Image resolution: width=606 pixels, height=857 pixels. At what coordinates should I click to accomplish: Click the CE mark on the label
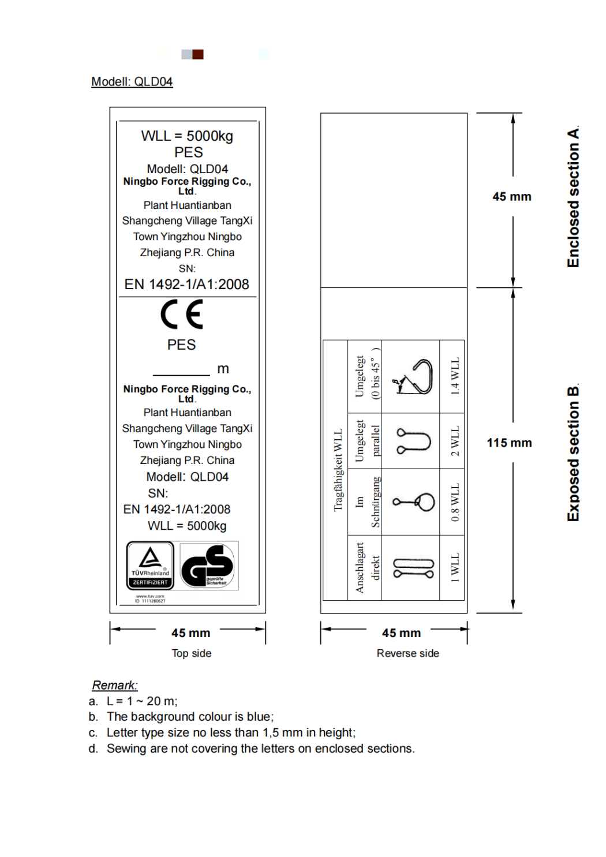pos(182,315)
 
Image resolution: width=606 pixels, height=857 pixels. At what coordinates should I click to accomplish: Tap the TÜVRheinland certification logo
pos(150,566)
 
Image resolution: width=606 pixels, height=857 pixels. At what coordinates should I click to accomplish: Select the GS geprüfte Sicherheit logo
pos(209,566)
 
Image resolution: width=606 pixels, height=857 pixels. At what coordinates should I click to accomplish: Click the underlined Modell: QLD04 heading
pos(132,82)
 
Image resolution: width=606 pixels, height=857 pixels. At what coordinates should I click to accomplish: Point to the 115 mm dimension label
pos(509,443)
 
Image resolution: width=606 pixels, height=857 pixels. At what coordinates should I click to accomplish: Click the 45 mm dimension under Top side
pos(190,633)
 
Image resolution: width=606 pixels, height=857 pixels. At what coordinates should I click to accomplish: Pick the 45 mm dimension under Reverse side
pos(401,633)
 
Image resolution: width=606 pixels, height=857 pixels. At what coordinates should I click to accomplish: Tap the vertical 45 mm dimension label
pos(511,197)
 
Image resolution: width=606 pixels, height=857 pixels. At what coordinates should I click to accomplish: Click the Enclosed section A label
pos(573,197)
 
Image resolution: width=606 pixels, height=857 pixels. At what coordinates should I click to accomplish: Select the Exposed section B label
pos(573,454)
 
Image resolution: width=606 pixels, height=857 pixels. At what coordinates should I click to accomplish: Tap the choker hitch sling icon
pos(414,502)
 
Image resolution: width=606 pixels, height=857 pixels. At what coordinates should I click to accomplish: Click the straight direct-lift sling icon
pos(413,568)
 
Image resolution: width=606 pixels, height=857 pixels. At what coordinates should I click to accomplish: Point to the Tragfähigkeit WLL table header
pos(338,470)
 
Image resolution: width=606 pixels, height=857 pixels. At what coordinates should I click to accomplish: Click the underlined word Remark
pos(115,685)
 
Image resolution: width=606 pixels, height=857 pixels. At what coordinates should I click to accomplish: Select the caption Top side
pos(191,653)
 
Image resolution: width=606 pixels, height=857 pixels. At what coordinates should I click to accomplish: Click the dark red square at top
pos(198,54)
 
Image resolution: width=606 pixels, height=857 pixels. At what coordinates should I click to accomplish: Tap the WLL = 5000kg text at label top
pos(187,136)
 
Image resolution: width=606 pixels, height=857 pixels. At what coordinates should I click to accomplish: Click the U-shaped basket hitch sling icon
pos(413,441)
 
